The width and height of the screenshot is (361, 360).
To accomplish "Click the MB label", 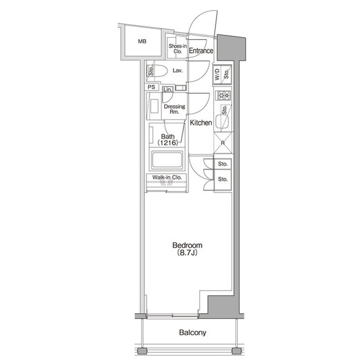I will tap(142, 41).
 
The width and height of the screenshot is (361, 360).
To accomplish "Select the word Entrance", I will tap(201, 51).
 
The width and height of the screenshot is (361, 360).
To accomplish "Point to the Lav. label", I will tap(177, 71).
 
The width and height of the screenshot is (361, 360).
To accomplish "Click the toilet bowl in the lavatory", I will tap(160, 71).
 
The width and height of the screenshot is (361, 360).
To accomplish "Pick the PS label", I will tap(151, 87).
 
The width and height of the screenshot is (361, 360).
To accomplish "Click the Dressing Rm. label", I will tap(174, 109).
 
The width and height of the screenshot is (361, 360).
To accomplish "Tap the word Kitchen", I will tap(200, 122).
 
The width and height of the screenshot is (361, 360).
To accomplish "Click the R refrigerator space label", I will tap(223, 143).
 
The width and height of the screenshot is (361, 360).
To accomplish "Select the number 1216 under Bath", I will tap(168, 143).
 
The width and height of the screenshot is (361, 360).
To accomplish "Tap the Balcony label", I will tap(192, 333).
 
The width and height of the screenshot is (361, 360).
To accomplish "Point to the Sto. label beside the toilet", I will tap(151, 71).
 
